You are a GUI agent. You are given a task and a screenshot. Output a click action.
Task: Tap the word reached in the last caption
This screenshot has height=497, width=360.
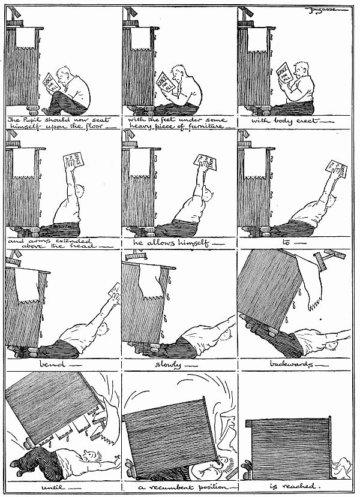[x=297, y=487]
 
